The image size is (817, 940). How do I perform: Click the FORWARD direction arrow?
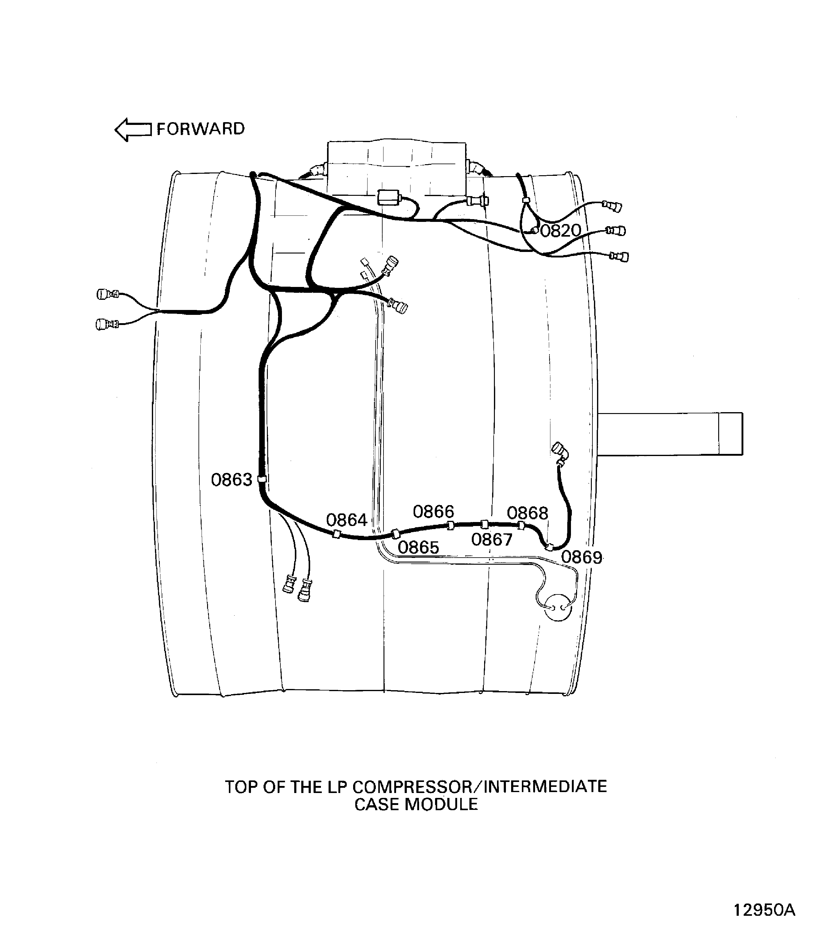click(133, 130)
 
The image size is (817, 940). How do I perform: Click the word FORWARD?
click(201, 129)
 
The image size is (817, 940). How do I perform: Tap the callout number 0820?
click(560, 231)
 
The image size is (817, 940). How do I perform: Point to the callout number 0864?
click(346, 520)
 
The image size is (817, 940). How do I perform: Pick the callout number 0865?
click(418, 547)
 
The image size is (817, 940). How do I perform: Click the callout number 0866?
click(433, 512)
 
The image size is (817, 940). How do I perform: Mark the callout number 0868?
click(527, 513)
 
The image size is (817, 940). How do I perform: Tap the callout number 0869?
click(581, 557)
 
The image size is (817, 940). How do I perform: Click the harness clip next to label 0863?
click(262, 479)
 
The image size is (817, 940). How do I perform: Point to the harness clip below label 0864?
click(336, 534)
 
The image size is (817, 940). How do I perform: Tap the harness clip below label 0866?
click(450, 525)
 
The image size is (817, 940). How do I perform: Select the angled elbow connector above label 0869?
click(561, 451)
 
